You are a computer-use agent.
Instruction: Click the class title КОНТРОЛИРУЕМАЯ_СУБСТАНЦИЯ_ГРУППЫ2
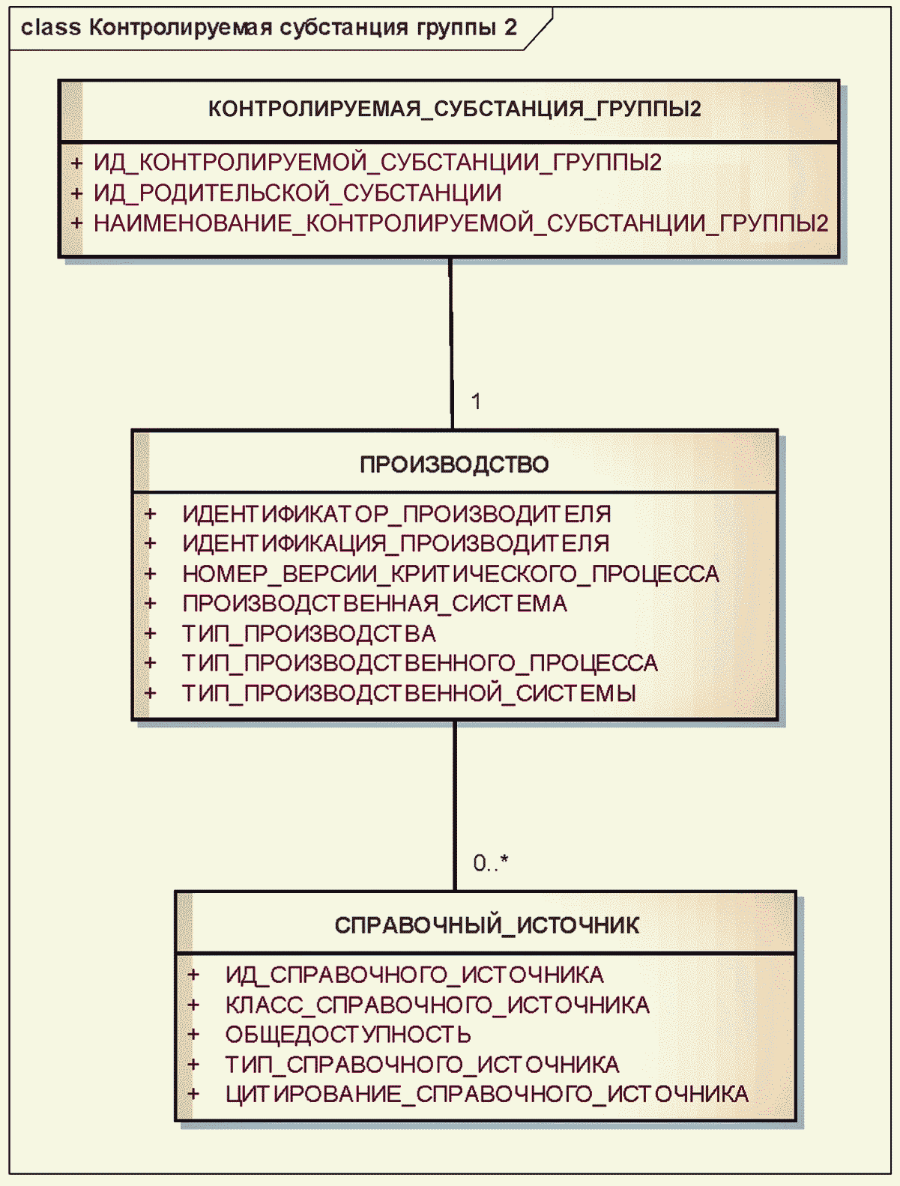[x=454, y=109]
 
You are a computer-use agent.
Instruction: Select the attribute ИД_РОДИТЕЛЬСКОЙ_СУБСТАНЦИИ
[x=298, y=193]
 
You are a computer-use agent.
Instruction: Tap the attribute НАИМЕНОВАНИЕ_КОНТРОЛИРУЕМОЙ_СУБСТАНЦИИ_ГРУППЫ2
[x=461, y=223]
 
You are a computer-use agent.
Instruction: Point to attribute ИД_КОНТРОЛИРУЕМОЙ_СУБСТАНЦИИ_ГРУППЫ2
[x=377, y=163]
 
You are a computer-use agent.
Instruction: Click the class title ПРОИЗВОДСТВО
[x=454, y=465]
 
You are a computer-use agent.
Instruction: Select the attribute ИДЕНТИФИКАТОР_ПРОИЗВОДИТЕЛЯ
[x=396, y=514]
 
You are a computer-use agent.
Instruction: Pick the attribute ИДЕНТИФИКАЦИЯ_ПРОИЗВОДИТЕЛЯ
[x=396, y=543]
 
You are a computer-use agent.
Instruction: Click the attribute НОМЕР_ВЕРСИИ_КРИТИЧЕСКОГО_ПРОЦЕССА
[x=450, y=574]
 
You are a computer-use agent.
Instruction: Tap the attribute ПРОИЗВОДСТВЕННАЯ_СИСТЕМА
[x=375, y=604]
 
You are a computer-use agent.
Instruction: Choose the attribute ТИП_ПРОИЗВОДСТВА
[x=309, y=634]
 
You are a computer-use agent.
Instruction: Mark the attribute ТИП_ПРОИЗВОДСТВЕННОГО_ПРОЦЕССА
[x=420, y=663]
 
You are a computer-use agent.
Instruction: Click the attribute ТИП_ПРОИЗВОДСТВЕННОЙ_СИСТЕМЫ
[x=409, y=693]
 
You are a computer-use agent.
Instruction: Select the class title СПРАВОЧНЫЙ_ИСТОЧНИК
[x=486, y=926]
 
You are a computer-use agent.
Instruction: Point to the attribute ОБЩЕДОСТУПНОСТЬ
[x=348, y=1035]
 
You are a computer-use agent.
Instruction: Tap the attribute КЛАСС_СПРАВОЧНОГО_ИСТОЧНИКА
[x=437, y=1005]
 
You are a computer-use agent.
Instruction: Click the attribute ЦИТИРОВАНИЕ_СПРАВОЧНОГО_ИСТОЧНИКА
[x=486, y=1095]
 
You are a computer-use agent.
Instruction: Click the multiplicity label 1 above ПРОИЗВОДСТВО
[x=476, y=402]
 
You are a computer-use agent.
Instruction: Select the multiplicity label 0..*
[x=490, y=863]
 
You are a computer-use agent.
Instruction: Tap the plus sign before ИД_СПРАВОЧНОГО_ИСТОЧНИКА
[x=193, y=975]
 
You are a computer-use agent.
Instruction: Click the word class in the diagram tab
[x=50, y=28]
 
